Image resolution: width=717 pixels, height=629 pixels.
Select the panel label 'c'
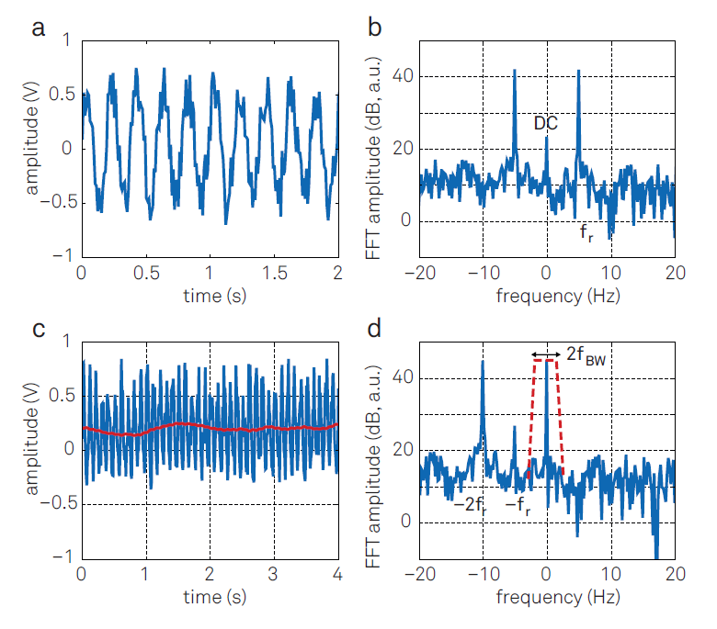[x=39, y=331]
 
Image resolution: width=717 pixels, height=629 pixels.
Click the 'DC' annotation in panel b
[x=547, y=122]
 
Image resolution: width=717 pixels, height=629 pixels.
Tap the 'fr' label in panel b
[x=586, y=234]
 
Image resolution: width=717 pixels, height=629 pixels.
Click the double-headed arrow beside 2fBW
[x=546, y=354]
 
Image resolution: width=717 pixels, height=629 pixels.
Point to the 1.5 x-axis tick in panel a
[x=274, y=273]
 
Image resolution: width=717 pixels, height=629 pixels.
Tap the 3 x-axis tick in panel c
[x=273, y=574]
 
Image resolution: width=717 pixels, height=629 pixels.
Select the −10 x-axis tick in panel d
[x=481, y=574]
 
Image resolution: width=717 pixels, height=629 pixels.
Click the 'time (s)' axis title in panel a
[x=209, y=295]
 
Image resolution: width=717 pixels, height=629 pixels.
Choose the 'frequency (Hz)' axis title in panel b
[x=547, y=295]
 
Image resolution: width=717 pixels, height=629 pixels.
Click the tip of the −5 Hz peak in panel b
[x=515, y=70]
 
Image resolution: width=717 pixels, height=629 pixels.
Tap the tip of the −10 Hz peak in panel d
[x=483, y=361]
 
